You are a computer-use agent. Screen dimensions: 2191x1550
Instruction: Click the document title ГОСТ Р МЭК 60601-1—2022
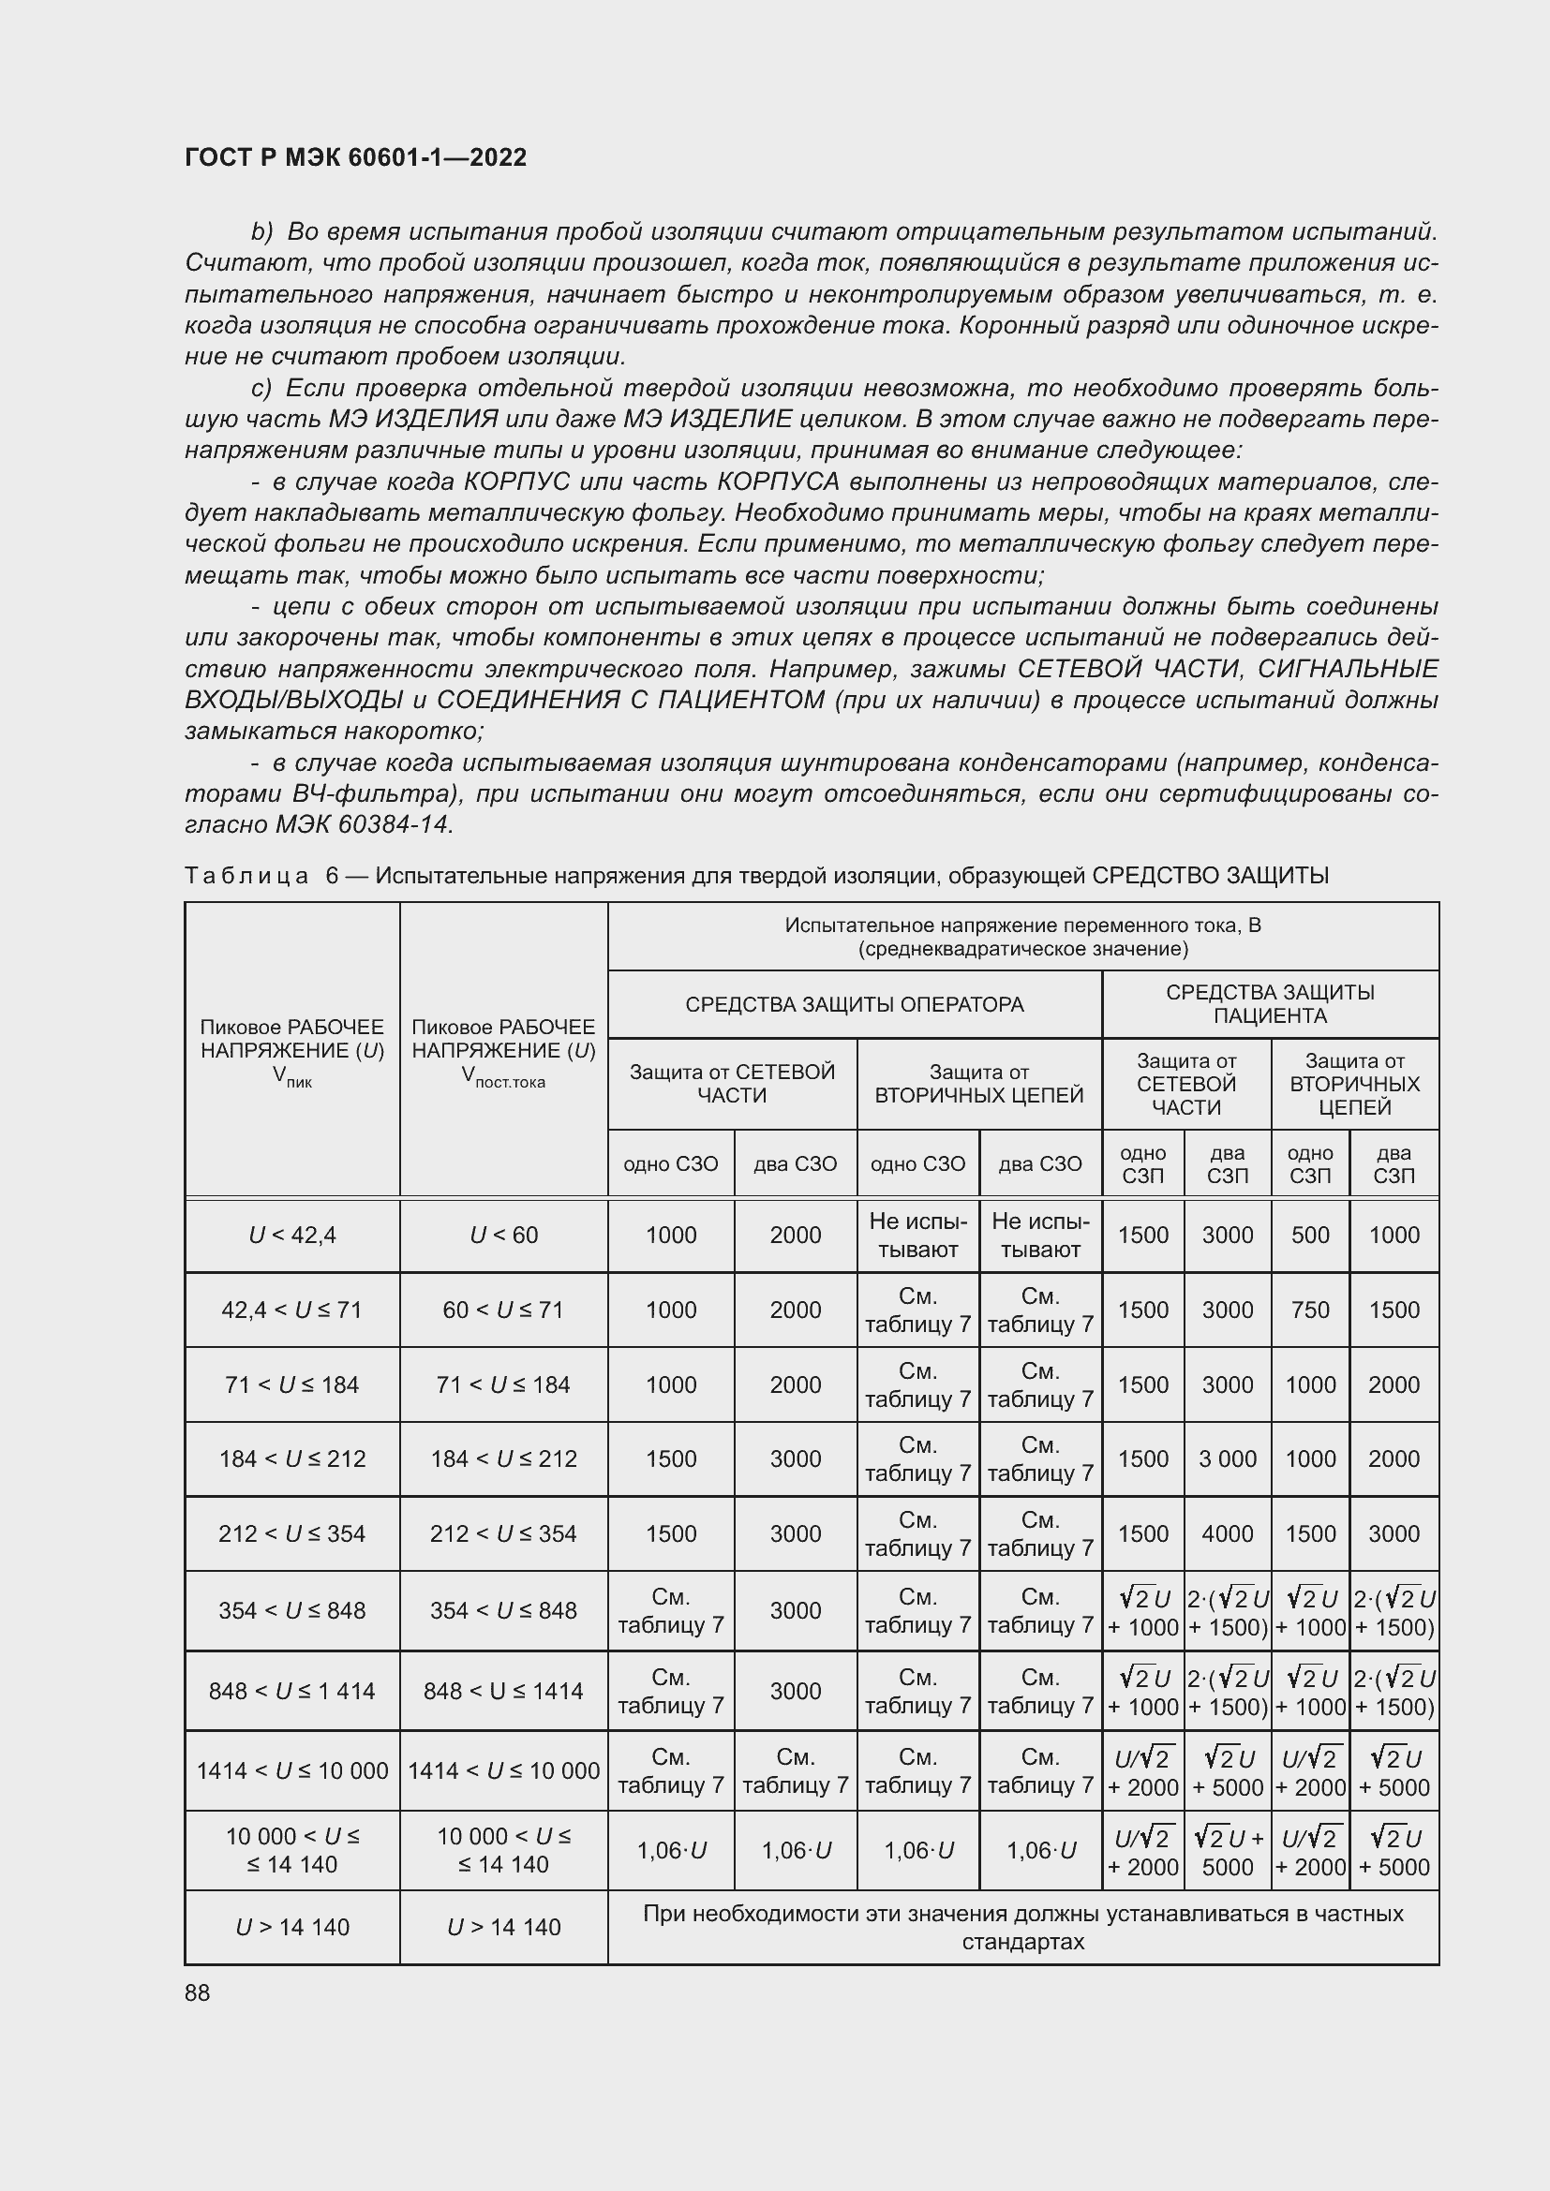(x=355, y=157)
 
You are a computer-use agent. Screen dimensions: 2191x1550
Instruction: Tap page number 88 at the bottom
(x=198, y=1992)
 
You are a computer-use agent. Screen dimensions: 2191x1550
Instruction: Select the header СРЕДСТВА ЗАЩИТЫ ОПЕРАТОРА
(x=855, y=1004)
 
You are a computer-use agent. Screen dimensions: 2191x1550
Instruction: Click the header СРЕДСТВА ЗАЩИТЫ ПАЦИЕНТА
(x=1270, y=1004)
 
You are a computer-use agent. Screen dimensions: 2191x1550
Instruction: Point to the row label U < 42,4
(x=292, y=1235)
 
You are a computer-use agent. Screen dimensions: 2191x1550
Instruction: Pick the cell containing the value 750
(x=1309, y=1310)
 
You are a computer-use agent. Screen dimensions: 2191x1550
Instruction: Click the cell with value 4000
(x=1227, y=1533)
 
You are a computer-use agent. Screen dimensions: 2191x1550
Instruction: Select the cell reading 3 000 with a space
(x=1227, y=1458)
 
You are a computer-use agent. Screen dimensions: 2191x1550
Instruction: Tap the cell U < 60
(x=503, y=1235)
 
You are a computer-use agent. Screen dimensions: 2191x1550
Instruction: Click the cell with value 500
(x=1309, y=1235)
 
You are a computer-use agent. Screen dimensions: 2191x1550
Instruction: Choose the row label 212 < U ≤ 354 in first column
(x=292, y=1533)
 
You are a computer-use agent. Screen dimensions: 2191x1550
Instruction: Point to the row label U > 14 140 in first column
(x=292, y=1927)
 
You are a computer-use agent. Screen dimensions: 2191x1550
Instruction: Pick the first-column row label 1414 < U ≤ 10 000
(x=292, y=1770)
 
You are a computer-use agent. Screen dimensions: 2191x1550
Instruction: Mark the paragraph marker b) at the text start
(x=261, y=232)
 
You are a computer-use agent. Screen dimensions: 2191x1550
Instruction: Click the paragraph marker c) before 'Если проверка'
(x=261, y=389)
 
